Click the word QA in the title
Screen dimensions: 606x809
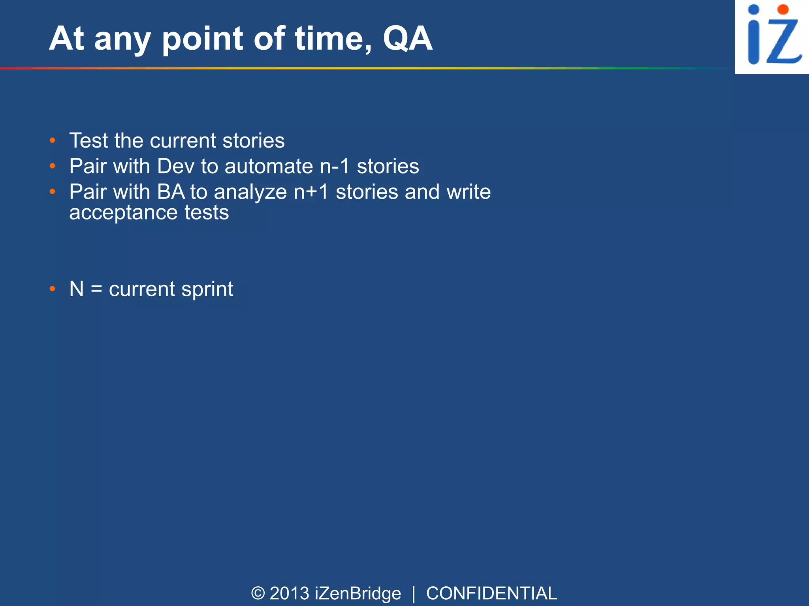(x=407, y=39)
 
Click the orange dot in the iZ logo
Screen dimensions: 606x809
(x=783, y=9)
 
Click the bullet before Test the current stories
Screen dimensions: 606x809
(x=53, y=141)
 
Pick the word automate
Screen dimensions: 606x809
(x=269, y=166)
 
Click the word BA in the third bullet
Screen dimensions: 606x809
(x=171, y=192)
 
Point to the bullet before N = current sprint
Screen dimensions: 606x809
(x=53, y=289)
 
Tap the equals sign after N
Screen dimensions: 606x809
(x=96, y=289)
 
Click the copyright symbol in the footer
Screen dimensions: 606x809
(x=258, y=593)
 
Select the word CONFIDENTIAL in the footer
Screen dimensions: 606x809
(x=491, y=593)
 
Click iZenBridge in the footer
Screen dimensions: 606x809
(x=358, y=593)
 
